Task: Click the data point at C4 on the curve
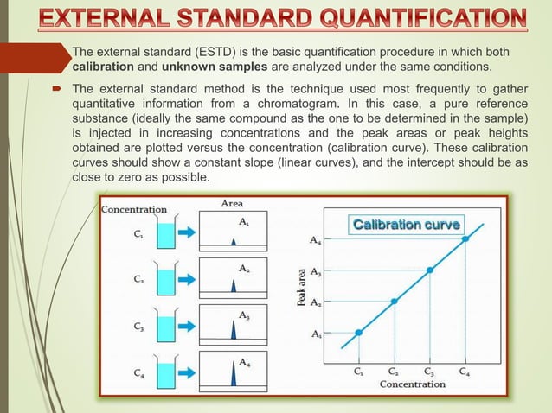(x=465, y=239)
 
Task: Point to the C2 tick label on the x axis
(x=394, y=372)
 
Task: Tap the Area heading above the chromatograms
(x=231, y=205)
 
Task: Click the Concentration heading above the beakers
(x=134, y=209)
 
